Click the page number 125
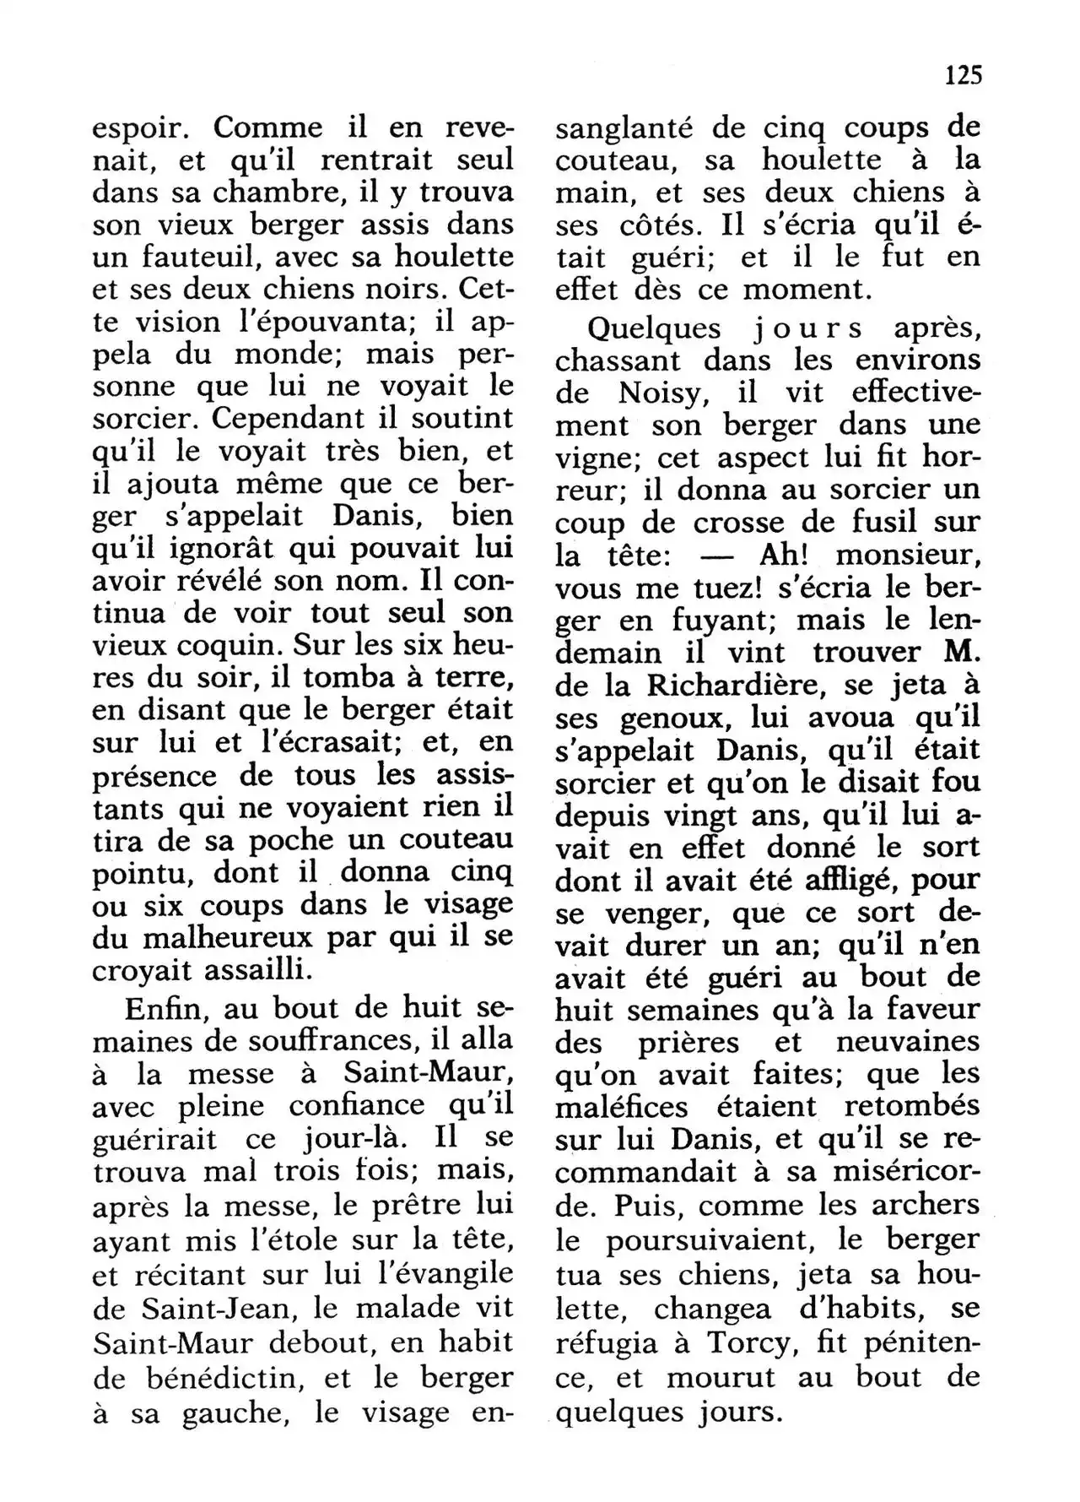pyautogui.click(x=964, y=76)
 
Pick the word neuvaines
pyautogui.click(x=908, y=1042)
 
